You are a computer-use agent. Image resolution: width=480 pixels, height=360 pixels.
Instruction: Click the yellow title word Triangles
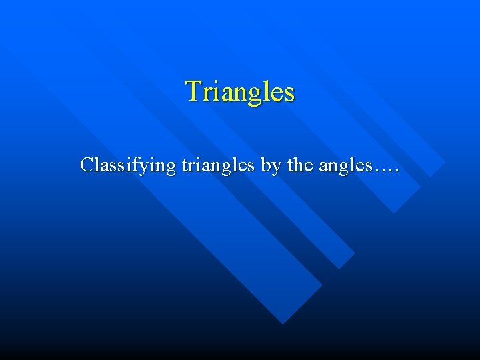[x=240, y=92]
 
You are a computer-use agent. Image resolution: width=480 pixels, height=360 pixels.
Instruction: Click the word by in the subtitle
[x=270, y=165]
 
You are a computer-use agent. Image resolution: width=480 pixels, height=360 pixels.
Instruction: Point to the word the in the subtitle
[x=299, y=164]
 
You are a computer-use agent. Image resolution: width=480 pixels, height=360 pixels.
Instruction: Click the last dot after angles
[x=396, y=170]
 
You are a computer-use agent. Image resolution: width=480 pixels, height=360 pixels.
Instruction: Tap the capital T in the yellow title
[x=193, y=91]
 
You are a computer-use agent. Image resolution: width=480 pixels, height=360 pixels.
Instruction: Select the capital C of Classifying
[x=86, y=164]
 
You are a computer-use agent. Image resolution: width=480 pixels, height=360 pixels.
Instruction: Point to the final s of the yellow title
[x=289, y=93]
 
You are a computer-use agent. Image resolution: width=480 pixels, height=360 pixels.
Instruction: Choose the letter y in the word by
[x=275, y=167]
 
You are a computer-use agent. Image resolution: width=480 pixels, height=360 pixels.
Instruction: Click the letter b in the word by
[x=265, y=164]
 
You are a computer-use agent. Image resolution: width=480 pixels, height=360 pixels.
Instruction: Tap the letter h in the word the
[x=298, y=163]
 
